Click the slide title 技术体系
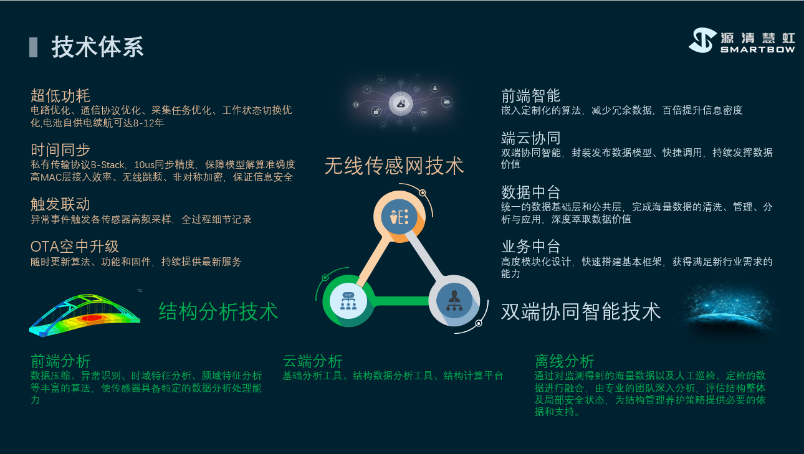(x=98, y=47)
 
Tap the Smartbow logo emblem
(x=702, y=40)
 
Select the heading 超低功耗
(x=60, y=96)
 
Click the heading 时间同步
(x=60, y=150)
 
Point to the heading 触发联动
(x=60, y=204)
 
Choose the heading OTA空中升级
(x=75, y=247)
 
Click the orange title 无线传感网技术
(x=394, y=166)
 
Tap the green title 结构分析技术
(x=218, y=311)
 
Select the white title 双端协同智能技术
(x=581, y=311)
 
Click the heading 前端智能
(x=531, y=96)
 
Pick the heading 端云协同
(x=531, y=138)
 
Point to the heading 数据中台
(x=531, y=192)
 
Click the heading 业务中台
(x=531, y=247)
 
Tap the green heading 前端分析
(x=60, y=361)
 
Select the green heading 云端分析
(x=312, y=361)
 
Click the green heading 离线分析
(x=564, y=361)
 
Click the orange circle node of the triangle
(x=399, y=217)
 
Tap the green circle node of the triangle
(x=348, y=301)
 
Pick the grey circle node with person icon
(x=454, y=301)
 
